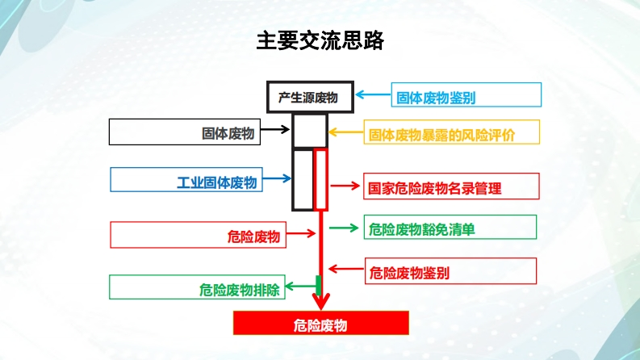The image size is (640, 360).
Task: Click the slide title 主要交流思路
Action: click(x=320, y=40)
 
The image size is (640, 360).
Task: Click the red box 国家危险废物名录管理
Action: click(x=450, y=188)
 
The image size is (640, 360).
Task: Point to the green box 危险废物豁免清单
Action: click(x=450, y=229)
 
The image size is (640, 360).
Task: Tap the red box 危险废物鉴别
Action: click(x=450, y=272)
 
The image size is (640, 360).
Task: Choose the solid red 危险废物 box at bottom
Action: click(x=320, y=325)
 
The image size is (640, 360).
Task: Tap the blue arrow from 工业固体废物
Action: click(x=276, y=179)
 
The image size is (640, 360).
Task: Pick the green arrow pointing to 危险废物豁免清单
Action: click(x=344, y=228)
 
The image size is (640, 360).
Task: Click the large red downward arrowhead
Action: click(x=320, y=303)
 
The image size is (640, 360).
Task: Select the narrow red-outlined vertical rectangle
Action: click(x=321, y=179)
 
